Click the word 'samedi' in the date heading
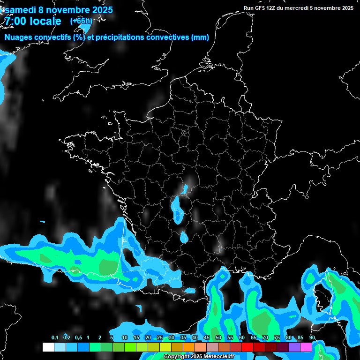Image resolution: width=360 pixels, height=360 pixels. click(22, 10)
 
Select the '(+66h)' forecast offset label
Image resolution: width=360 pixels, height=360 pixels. click(81, 21)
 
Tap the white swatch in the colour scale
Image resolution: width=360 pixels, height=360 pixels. click(48, 347)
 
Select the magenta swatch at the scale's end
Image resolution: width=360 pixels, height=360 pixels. click(306, 347)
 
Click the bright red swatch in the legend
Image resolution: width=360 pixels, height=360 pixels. click(247, 347)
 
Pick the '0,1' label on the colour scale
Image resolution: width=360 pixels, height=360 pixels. click(54, 338)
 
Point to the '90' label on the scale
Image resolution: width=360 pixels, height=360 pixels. click(312, 338)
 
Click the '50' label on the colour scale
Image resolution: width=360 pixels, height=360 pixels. click(218, 338)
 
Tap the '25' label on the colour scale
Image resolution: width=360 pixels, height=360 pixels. click(159, 338)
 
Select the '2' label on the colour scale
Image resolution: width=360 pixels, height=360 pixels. click(100, 338)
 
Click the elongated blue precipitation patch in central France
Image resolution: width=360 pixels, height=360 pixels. click(177, 210)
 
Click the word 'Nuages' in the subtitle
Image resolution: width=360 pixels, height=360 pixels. click(20, 37)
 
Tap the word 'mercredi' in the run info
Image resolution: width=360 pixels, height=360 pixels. click(298, 8)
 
